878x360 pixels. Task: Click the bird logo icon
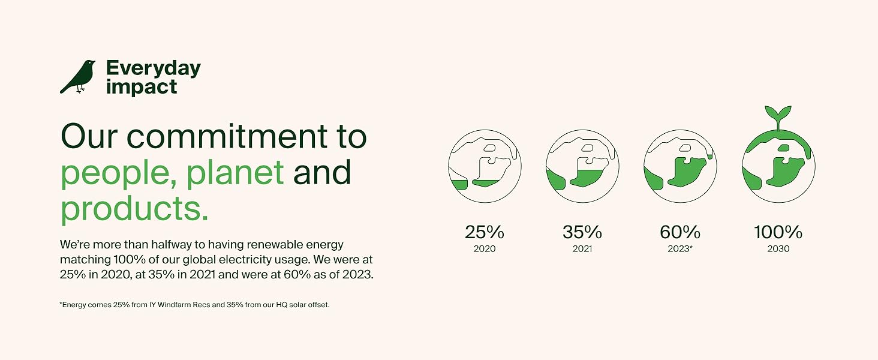pyautogui.click(x=77, y=77)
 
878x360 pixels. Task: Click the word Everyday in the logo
pyautogui.click(x=154, y=69)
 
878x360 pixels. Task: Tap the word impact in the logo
pyautogui.click(x=142, y=87)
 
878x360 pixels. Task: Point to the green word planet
pyautogui.click(x=234, y=173)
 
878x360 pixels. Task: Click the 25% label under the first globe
pyautogui.click(x=485, y=232)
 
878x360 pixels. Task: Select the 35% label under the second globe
pyautogui.click(x=582, y=232)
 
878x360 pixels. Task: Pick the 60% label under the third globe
pyautogui.click(x=680, y=232)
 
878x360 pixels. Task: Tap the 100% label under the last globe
pyautogui.click(x=778, y=232)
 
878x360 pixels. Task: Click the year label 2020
pyautogui.click(x=485, y=248)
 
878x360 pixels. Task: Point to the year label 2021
pyautogui.click(x=582, y=248)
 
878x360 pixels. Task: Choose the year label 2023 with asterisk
pyautogui.click(x=680, y=248)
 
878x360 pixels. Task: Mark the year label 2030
pyautogui.click(x=778, y=248)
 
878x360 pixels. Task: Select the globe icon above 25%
pyautogui.click(x=485, y=166)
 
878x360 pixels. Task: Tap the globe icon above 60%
pyautogui.click(x=680, y=166)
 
